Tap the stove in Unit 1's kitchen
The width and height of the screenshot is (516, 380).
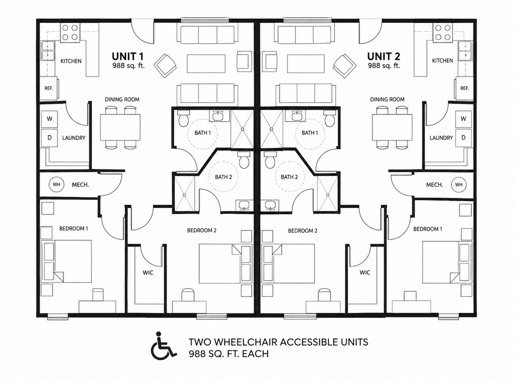(70, 32)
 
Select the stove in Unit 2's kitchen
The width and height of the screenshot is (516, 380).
(443, 32)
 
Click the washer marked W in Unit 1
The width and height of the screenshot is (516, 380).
(50, 118)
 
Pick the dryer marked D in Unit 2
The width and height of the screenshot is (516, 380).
(463, 137)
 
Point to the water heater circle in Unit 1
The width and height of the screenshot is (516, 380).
(56, 185)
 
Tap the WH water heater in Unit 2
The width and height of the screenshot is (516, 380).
(459, 185)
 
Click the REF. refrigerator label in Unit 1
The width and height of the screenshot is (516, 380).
(49, 88)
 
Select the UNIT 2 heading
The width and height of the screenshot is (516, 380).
(384, 56)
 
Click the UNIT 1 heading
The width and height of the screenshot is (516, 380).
(128, 56)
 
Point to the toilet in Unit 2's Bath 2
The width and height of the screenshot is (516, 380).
(271, 159)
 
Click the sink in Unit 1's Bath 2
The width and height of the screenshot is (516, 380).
(244, 205)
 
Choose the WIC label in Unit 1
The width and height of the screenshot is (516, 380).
(148, 273)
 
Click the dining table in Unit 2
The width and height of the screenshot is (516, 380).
(392, 127)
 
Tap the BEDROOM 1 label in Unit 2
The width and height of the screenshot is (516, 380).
(427, 229)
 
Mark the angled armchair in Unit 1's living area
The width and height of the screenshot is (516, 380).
(166, 65)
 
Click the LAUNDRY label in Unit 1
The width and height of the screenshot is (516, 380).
(74, 138)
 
